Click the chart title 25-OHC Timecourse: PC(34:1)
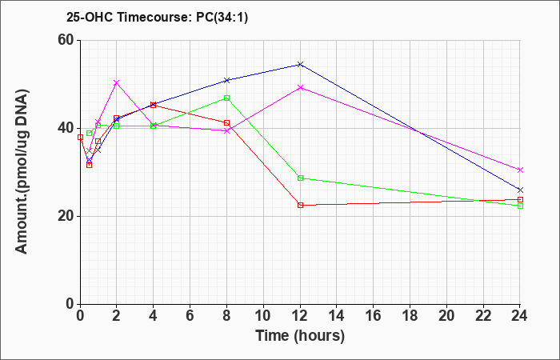tap(157, 17)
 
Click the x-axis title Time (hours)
tap(300, 336)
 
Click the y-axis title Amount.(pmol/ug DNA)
tap(22, 171)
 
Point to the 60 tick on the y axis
tap(68, 40)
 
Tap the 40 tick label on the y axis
tap(68, 128)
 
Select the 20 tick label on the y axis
tap(68, 216)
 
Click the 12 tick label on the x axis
tap(300, 316)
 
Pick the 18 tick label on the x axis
tap(410, 316)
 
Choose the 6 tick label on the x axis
tap(190, 316)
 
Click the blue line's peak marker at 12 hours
tap(300, 64)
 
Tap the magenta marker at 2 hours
tap(117, 82)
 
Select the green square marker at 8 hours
tap(226, 98)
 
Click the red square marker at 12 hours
tap(300, 205)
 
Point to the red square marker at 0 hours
tap(80, 137)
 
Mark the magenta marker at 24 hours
tap(520, 170)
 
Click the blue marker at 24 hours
tap(520, 190)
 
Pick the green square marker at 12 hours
tap(300, 178)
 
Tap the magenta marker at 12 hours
tap(300, 87)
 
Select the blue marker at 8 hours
tap(226, 80)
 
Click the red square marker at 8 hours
tap(226, 123)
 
